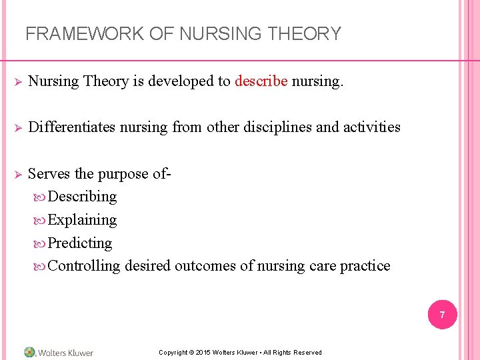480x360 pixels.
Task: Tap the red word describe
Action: click(261, 81)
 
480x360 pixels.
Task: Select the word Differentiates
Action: click(72, 127)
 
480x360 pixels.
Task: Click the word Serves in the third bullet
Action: click(49, 174)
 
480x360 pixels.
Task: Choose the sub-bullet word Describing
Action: click(82, 197)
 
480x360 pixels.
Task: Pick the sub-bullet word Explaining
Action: click(82, 220)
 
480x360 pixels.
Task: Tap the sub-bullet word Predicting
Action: click(80, 243)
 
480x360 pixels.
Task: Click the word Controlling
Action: click(84, 266)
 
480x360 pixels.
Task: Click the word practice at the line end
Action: click(365, 266)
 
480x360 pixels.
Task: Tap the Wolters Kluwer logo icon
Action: click(30, 352)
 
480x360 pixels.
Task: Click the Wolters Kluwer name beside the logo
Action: click(66, 353)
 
